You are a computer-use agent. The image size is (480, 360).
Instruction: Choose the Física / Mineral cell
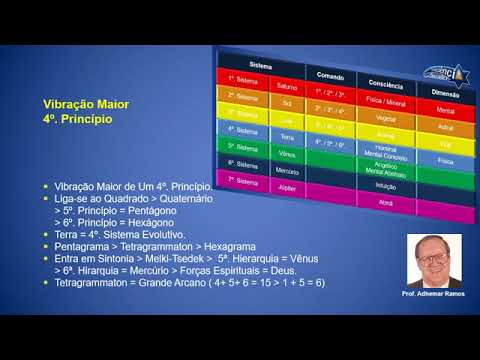click(x=383, y=100)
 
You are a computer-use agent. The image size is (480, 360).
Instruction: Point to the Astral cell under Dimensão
click(x=446, y=128)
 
